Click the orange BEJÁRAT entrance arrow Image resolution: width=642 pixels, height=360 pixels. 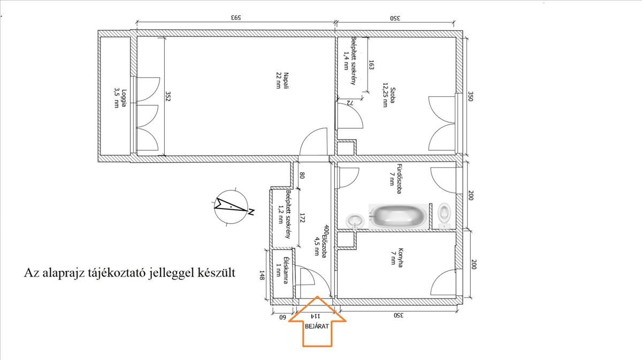(318, 321)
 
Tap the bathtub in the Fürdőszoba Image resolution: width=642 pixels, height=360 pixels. (399, 216)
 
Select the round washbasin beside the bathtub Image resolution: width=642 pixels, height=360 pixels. (355, 221)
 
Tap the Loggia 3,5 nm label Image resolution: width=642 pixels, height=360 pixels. (120, 98)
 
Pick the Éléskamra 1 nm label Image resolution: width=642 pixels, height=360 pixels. (281, 270)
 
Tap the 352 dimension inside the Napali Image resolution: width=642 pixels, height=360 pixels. (168, 96)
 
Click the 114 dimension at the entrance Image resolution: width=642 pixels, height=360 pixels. (315, 316)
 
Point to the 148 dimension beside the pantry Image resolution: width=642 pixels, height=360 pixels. (262, 274)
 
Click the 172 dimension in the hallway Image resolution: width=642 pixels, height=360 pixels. (302, 218)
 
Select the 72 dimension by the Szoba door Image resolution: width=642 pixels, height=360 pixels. (350, 103)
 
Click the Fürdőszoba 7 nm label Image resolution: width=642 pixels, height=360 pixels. (395, 179)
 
